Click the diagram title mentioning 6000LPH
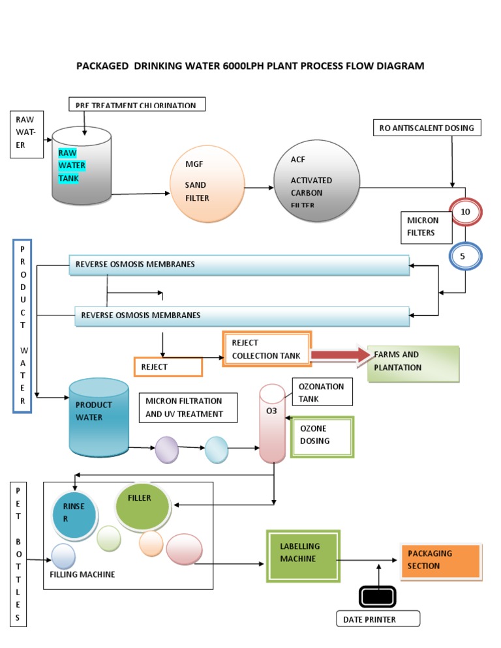coord(250,66)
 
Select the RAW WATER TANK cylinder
coord(81,166)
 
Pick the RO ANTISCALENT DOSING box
coord(427,128)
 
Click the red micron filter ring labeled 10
coord(465,213)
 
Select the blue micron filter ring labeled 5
coord(464,256)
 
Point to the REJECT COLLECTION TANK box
coord(267,349)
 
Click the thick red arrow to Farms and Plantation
coord(339,355)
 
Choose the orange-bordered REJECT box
coord(168,366)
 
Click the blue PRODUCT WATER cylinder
coord(99,417)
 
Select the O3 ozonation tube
coord(272,423)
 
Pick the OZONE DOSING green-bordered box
coord(322,436)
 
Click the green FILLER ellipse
coord(142,507)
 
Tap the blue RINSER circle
coord(75,512)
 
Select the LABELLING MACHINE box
coord(303,555)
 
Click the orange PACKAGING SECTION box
coord(442,561)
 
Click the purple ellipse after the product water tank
coord(166,450)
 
